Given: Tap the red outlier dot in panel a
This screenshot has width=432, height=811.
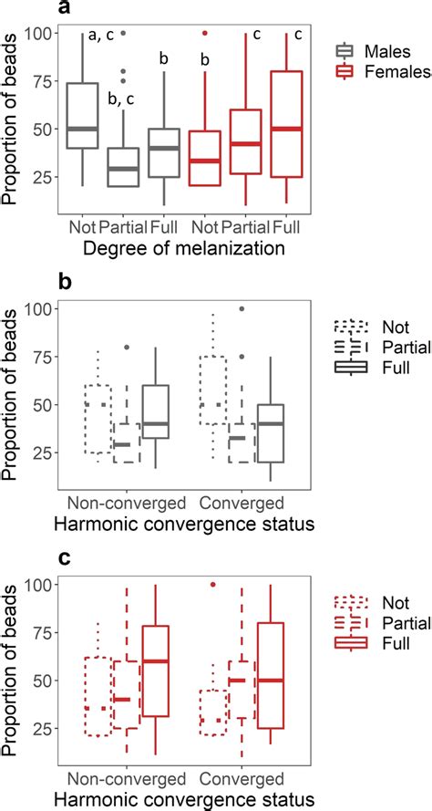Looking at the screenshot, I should pyautogui.click(x=205, y=34).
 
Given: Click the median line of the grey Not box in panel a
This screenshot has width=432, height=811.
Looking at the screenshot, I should pyautogui.click(x=83, y=129).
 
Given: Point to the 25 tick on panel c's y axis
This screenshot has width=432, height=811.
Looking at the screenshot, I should pyautogui.click(x=44, y=727).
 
